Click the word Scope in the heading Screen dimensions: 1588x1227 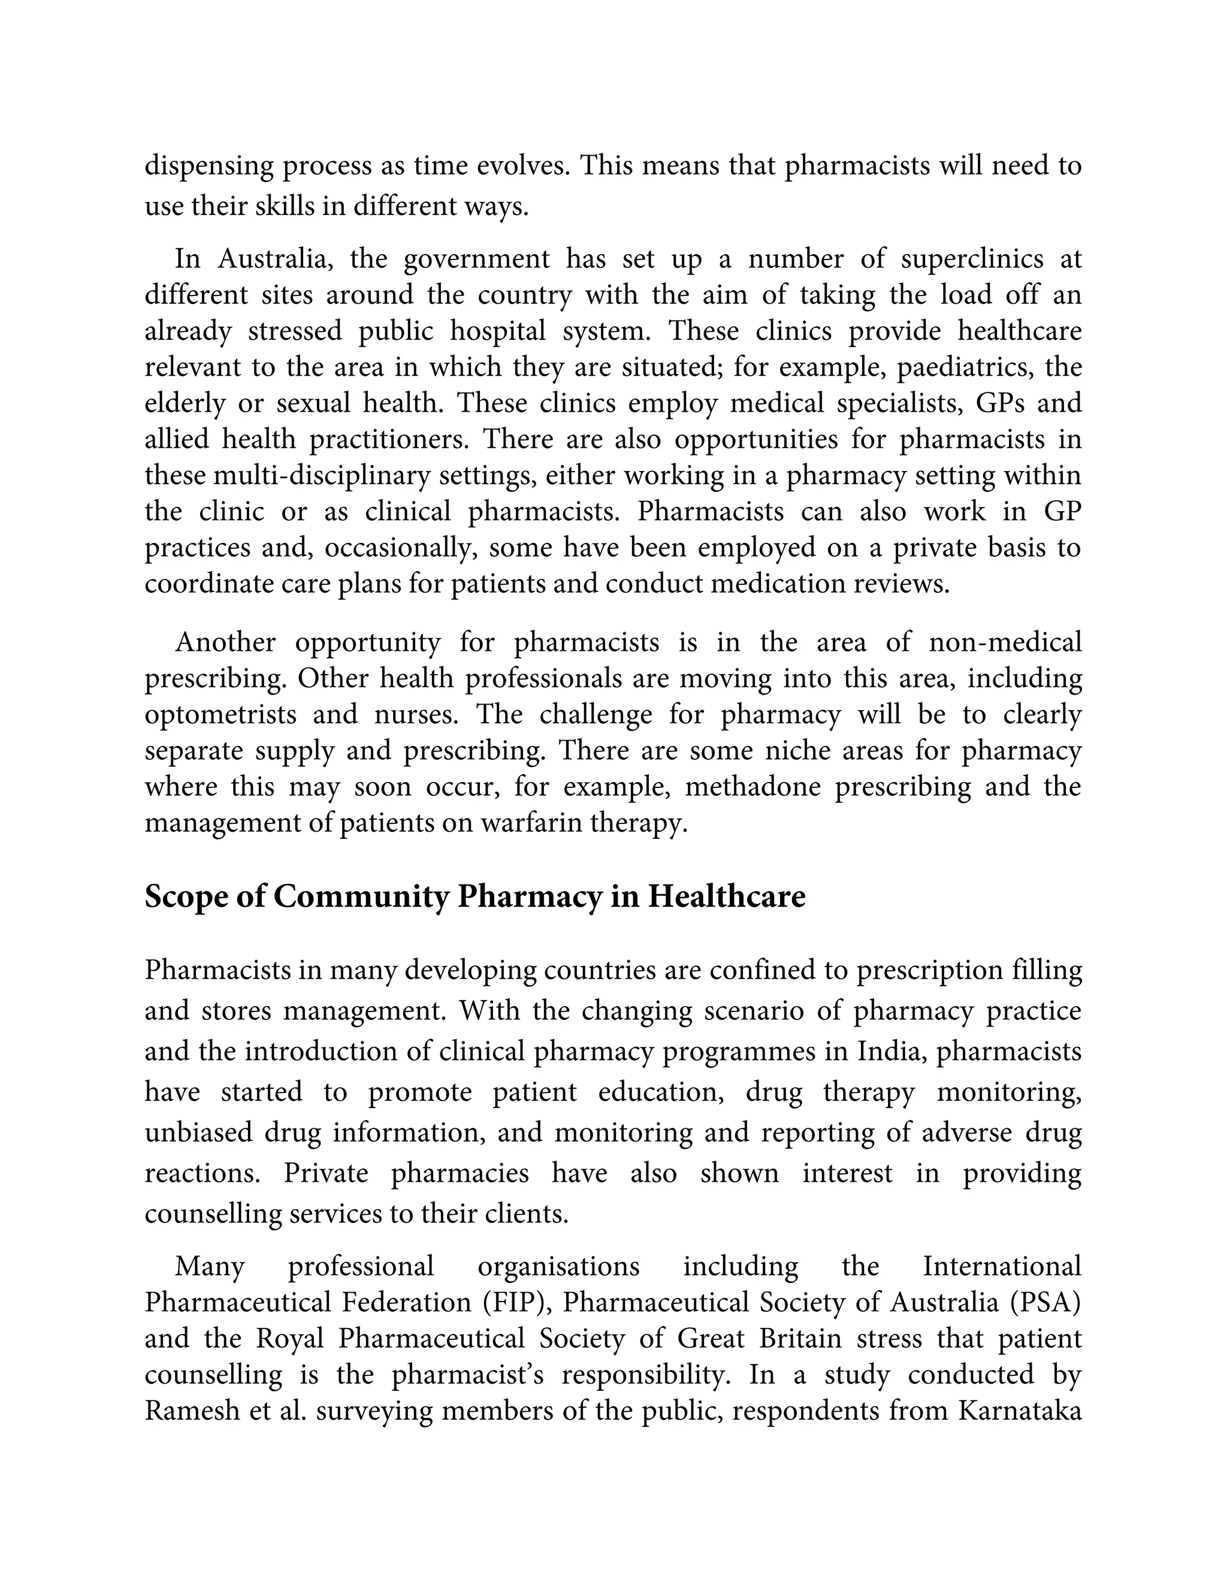point(185,897)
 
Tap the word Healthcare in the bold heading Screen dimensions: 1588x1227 point(726,897)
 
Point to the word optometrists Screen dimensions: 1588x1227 point(221,715)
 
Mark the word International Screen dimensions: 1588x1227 point(1002,1267)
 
